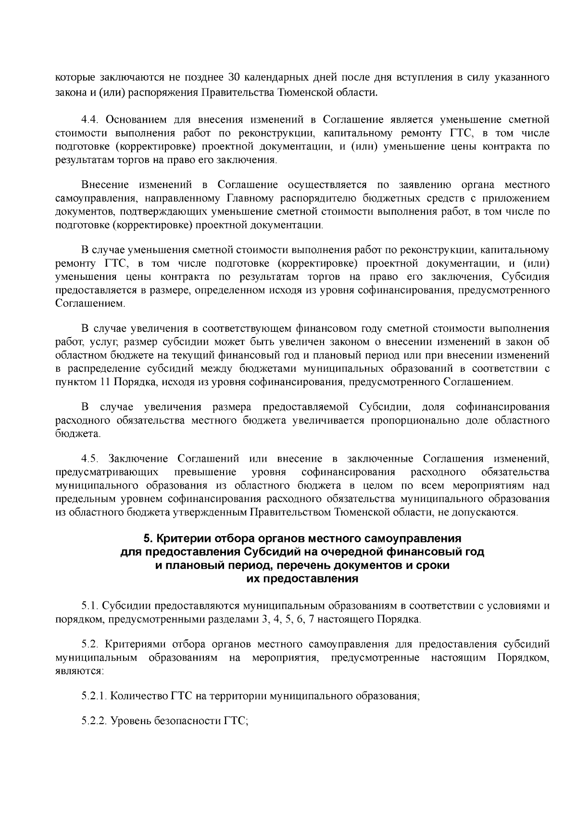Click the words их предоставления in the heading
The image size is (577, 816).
pos(302,578)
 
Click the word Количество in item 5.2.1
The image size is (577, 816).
pos(140,696)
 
